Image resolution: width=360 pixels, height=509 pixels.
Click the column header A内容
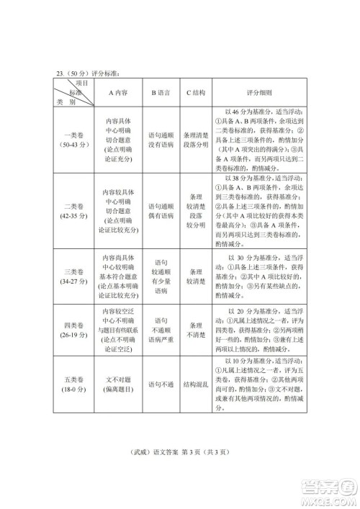click(119, 92)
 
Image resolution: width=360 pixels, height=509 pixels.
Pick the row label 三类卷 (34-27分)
click(73, 276)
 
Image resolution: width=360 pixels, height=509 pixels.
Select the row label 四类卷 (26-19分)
click(73, 328)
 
